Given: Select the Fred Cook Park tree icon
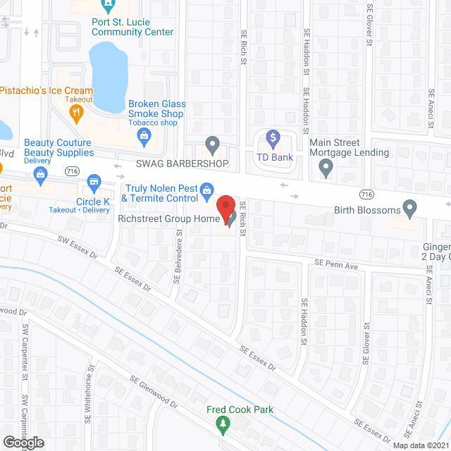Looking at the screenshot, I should pyautogui.click(x=223, y=424).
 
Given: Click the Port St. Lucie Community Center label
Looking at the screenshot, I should pyautogui.click(x=132, y=27).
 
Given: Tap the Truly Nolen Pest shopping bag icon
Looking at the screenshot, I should pyautogui.click(x=206, y=189).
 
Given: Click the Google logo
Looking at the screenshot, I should pyautogui.click(x=23, y=442).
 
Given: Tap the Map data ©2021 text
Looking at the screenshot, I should pyautogui.click(x=420, y=445).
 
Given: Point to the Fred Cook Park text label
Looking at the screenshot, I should pyautogui.click(x=240, y=410).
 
